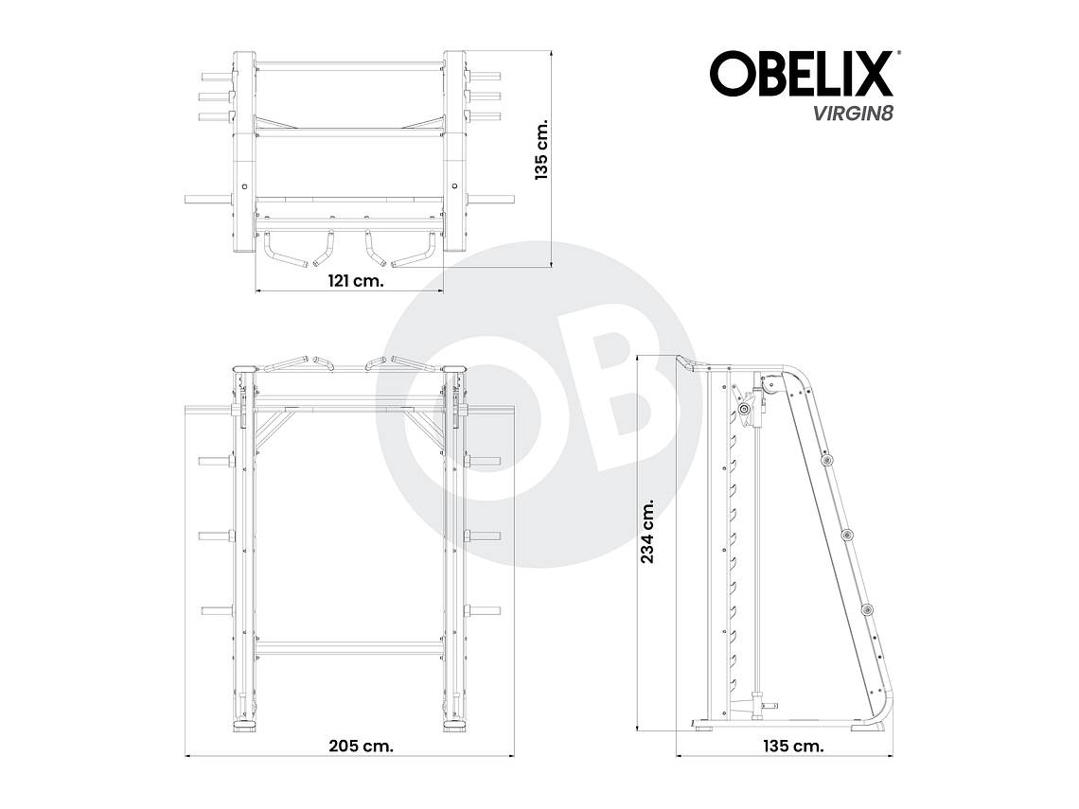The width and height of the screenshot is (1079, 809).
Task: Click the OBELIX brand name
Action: point(801,74)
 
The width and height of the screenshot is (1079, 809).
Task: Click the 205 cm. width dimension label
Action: point(361,745)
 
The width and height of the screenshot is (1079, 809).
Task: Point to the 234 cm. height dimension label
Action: point(649,532)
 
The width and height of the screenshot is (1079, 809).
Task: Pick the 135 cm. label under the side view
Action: point(792,745)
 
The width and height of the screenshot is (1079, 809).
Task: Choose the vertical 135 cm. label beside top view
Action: point(541,150)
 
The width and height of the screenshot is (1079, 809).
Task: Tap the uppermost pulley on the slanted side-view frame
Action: point(828,460)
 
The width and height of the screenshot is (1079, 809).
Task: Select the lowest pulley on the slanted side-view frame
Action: point(866,611)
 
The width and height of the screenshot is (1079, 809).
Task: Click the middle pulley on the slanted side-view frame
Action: point(847,536)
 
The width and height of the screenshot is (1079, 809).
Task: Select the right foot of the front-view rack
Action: point(453,727)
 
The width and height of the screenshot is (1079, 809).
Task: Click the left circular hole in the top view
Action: point(244,186)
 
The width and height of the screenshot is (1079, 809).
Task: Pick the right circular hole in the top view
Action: point(453,186)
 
